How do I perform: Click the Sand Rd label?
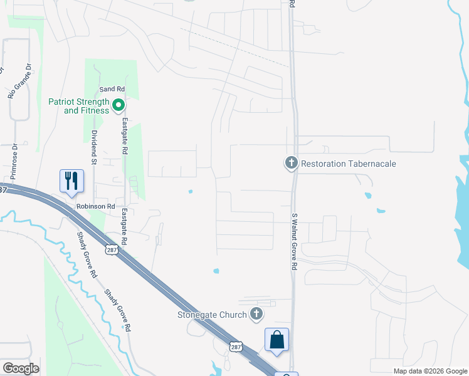tap(108, 90)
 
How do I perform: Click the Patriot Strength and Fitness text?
tap(78, 106)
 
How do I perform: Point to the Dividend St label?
tap(94, 147)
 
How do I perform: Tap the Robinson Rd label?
tap(96, 206)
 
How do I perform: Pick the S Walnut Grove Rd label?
tap(293, 241)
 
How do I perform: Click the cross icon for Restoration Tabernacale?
tap(291, 164)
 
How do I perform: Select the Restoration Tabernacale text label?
tap(349, 164)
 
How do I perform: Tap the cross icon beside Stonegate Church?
tap(256, 314)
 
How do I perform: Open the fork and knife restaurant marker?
tap(71, 181)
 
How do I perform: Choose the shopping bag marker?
tap(277, 340)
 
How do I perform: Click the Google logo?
tap(21, 368)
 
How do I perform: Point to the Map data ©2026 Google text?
tap(430, 371)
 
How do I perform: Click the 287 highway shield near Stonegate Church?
tap(235, 347)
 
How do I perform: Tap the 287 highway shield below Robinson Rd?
tap(111, 250)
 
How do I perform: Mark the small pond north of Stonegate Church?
tap(216, 271)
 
